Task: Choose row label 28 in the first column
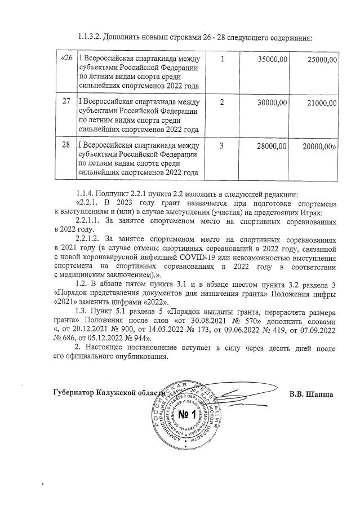(x=66, y=146)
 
